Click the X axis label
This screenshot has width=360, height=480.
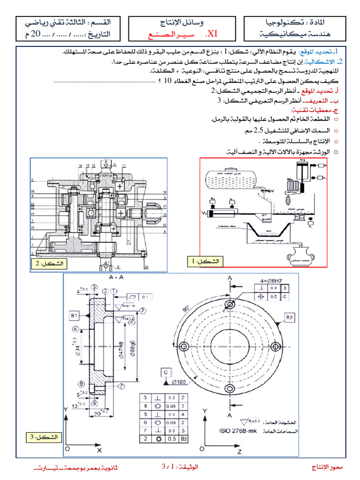click(99, 450)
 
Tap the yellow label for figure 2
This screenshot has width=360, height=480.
click(49, 263)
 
